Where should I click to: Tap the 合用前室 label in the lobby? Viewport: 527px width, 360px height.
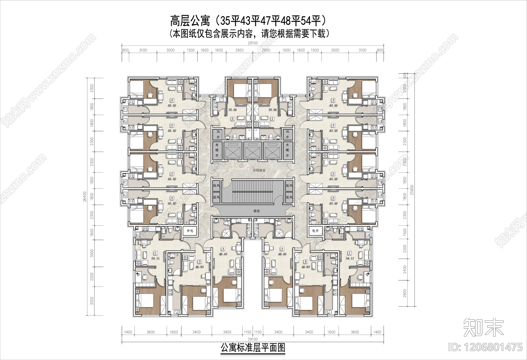click(259, 171)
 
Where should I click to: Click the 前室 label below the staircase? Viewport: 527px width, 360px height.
click(257, 211)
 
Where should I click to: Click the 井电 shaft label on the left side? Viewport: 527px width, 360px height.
click(190, 231)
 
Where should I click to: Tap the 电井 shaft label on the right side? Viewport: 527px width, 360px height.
click(315, 231)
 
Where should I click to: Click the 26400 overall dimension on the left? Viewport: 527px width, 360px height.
click(84, 197)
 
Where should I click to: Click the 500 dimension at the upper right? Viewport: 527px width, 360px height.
click(405, 75)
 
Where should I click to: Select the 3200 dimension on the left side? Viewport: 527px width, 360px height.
click(92, 301)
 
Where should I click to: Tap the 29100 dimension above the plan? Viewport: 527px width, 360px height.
click(253, 43)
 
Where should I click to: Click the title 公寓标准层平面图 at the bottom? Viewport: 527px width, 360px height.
click(253, 348)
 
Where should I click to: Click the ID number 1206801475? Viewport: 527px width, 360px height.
click(486, 347)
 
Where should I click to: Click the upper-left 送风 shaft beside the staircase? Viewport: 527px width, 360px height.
click(216, 185)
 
